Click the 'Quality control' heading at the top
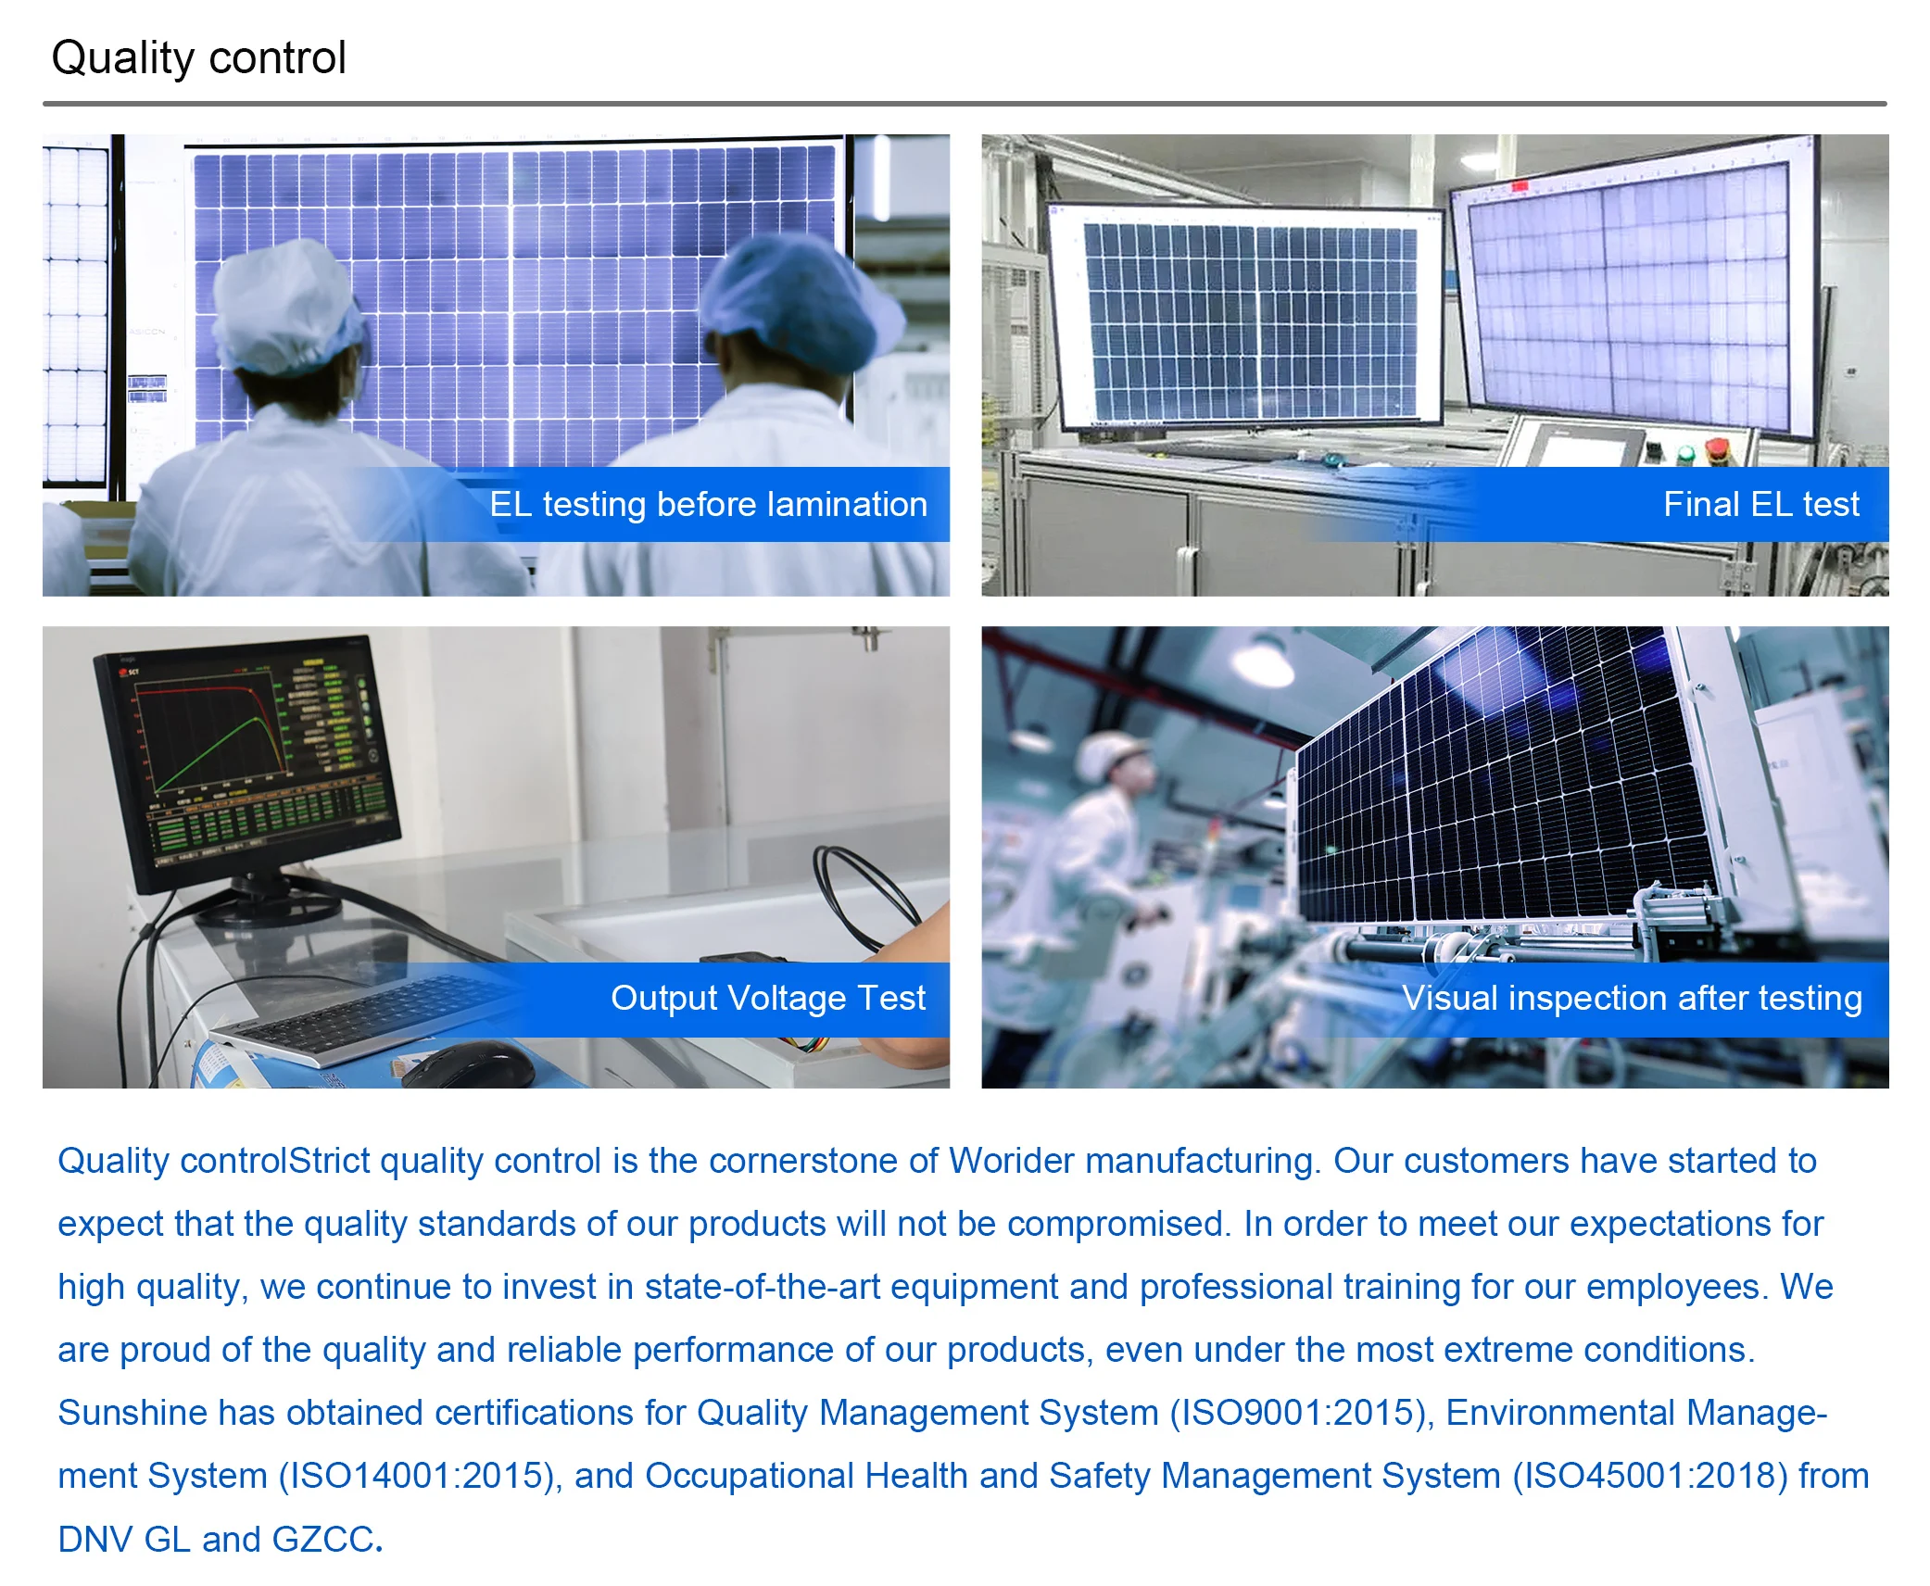[x=198, y=58]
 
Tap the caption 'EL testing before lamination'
[x=708, y=505]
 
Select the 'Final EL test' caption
[x=1760, y=504]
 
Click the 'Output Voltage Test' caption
[x=768, y=998]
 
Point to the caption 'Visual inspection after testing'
[x=1632, y=998]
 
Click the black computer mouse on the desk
[x=469, y=1065]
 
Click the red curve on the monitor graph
[x=208, y=713]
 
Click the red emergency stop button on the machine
[x=1717, y=450]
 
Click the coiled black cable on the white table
[x=862, y=894]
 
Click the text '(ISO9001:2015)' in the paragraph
[x=1302, y=1413]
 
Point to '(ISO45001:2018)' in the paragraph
[x=1649, y=1476]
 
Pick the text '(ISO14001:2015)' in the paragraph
[x=421, y=1476]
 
